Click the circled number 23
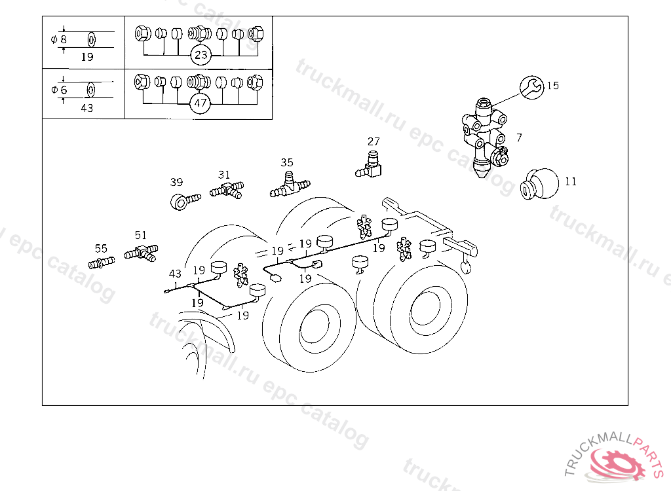[x=201, y=54]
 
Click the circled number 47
[x=201, y=103]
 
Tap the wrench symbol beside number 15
[x=532, y=88]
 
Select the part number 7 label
[x=519, y=137]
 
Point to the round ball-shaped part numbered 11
[x=541, y=184]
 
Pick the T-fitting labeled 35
[x=290, y=185]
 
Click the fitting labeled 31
[x=227, y=190]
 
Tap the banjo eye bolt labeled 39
[x=185, y=202]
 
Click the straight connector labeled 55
[x=102, y=262]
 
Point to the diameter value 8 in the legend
[x=64, y=39]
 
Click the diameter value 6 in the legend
[x=64, y=90]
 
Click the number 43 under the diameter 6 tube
[x=87, y=108]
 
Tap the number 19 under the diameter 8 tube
[x=87, y=56]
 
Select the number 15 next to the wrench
[x=552, y=85]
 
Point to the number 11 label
[x=571, y=181]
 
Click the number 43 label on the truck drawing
[x=175, y=273]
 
